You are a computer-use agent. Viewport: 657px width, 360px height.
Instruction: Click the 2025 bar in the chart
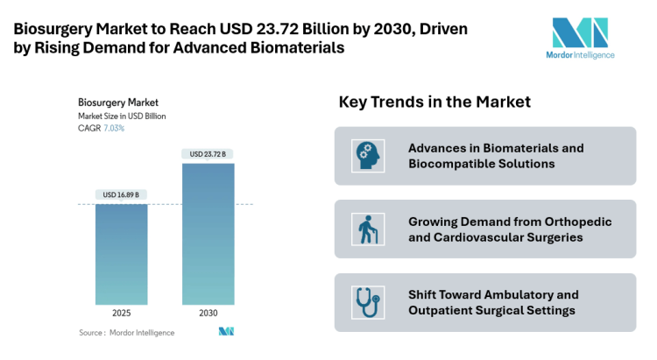pos(122,254)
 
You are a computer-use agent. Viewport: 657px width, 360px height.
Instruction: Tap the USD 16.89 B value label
pos(122,194)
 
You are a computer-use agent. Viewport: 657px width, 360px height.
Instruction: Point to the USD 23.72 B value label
pos(208,154)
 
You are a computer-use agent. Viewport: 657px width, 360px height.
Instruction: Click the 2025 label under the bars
pos(122,313)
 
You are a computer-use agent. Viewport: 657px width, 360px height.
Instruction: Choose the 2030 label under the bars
pos(208,313)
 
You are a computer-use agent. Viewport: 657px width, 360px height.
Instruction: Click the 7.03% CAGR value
pos(114,128)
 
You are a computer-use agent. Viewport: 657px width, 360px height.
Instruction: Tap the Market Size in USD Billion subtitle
pos(122,116)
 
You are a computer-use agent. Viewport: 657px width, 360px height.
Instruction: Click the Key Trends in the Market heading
pos(434,102)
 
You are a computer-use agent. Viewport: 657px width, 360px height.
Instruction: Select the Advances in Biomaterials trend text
pos(495,156)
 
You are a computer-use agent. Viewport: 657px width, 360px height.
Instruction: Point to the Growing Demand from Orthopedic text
pos(509,229)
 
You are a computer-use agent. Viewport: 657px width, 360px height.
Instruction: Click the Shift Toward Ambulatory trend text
pos(493,302)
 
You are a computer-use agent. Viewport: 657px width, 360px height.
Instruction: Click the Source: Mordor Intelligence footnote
pos(126,333)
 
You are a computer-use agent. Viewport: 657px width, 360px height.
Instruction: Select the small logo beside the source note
pos(226,332)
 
